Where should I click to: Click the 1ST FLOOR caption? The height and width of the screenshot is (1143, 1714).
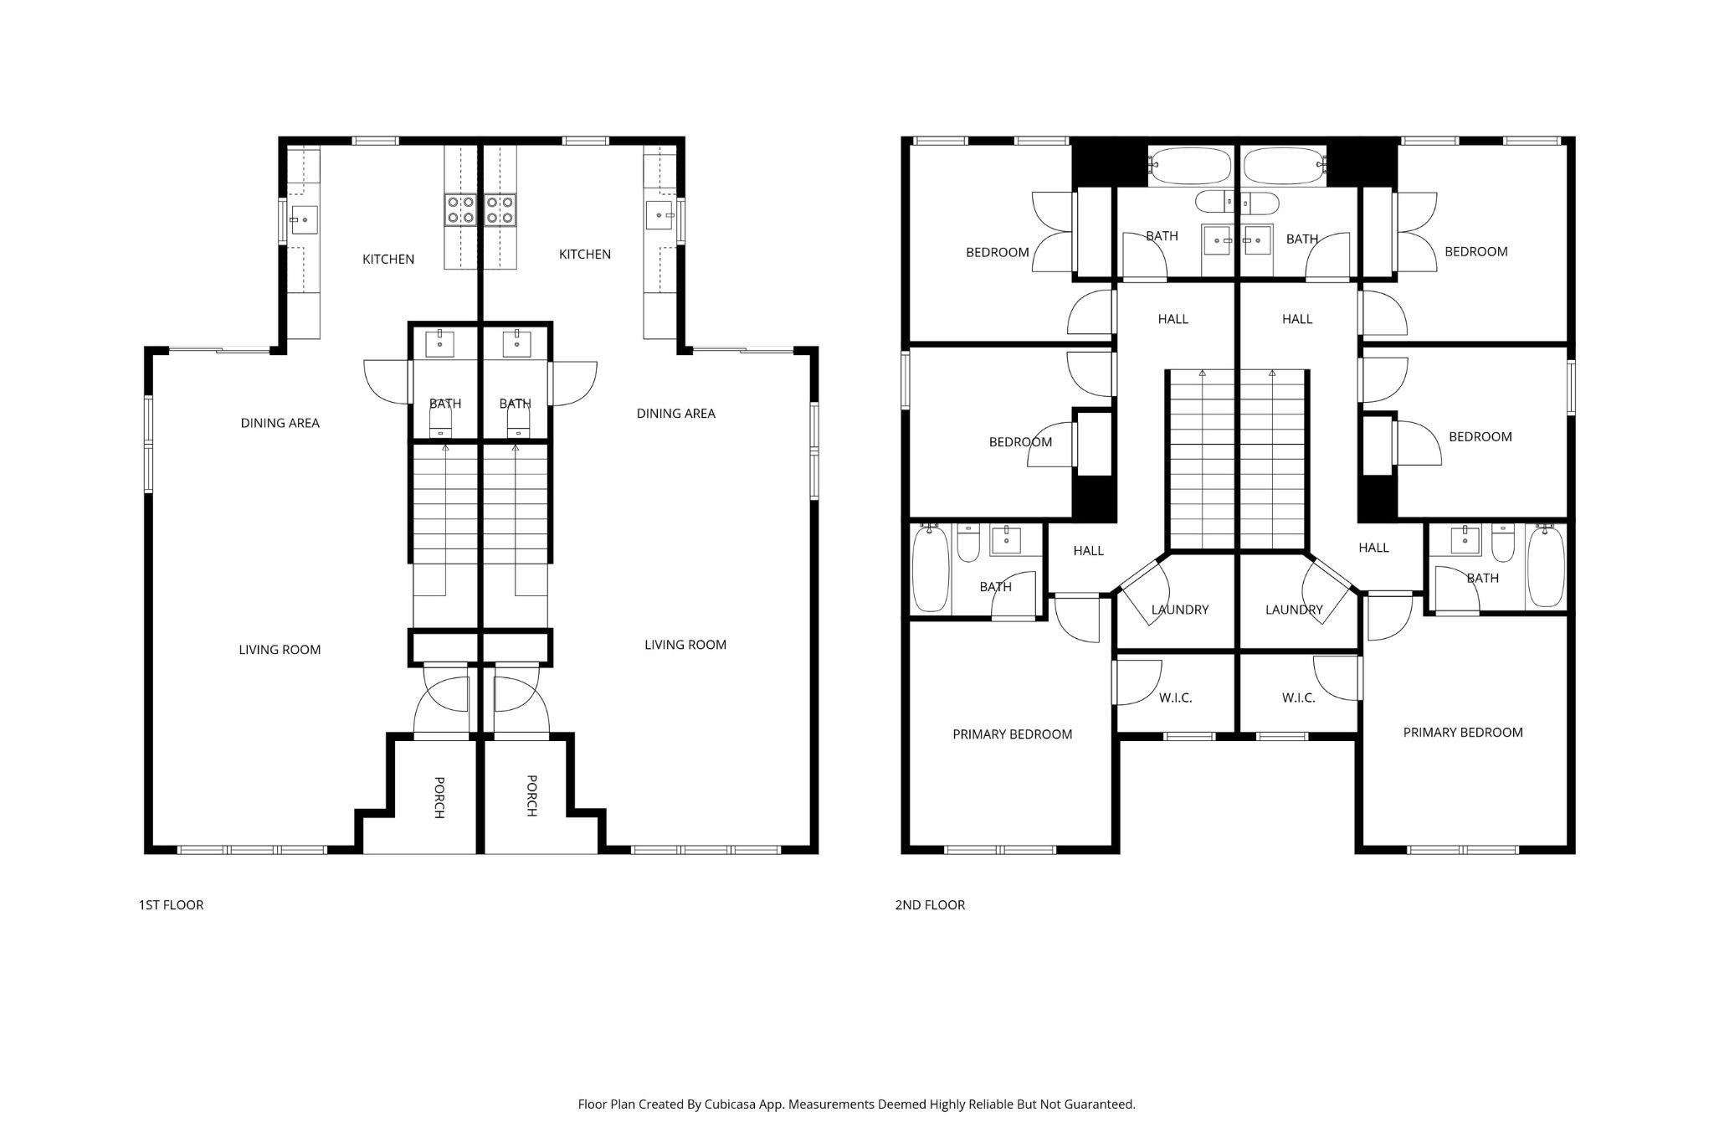click(171, 905)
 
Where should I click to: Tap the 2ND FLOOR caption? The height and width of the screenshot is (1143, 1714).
click(930, 905)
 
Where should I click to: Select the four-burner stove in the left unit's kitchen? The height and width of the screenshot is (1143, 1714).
click(460, 209)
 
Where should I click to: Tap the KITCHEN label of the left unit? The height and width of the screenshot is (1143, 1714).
click(388, 260)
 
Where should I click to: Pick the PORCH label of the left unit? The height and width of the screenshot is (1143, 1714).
click(439, 797)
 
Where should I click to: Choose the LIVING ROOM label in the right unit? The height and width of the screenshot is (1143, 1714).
click(685, 645)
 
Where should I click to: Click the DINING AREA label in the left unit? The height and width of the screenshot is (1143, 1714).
click(280, 423)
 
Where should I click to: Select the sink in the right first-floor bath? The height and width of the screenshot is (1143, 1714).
click(517, 343)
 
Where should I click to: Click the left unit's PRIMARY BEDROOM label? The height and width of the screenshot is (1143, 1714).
click(1013, 734)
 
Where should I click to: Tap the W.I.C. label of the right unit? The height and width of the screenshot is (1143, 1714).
click(1299, 698)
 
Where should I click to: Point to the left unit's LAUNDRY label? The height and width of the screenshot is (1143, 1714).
click(1180, 610)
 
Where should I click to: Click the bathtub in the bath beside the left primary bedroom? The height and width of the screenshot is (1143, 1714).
click(929, 568)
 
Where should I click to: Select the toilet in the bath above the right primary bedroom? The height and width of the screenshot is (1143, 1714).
click(1503, 543)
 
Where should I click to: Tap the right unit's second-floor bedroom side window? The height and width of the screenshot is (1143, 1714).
click(1571, 386)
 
